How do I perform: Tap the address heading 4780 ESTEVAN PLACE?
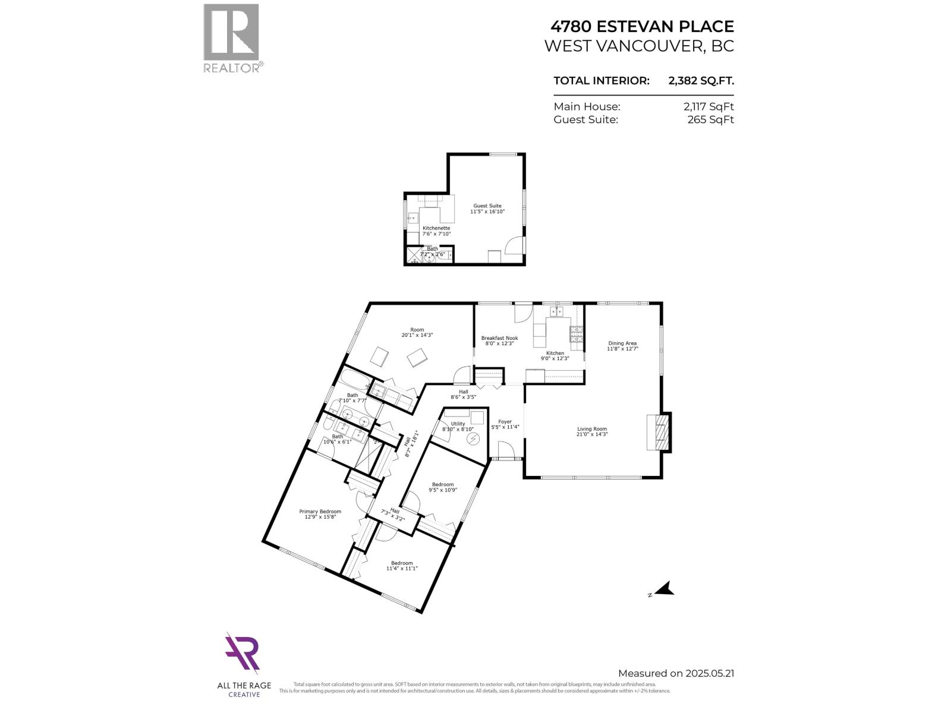click(x=642, y=26)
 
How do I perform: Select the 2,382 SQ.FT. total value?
click(x=701, y=81)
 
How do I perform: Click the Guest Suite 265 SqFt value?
click(x=710, y=119)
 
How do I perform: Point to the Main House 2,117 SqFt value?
click(x=708, y=106)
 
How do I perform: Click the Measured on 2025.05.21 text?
click(x=676, y=673)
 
